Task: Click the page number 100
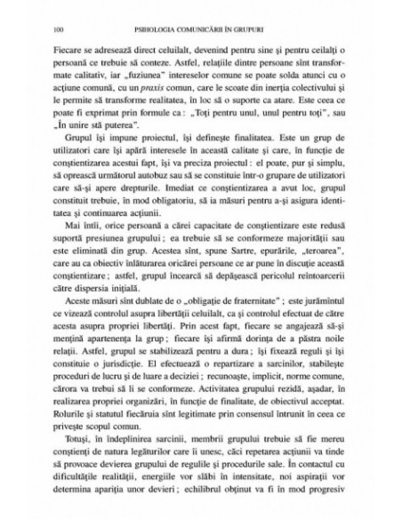click(60, 15)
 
